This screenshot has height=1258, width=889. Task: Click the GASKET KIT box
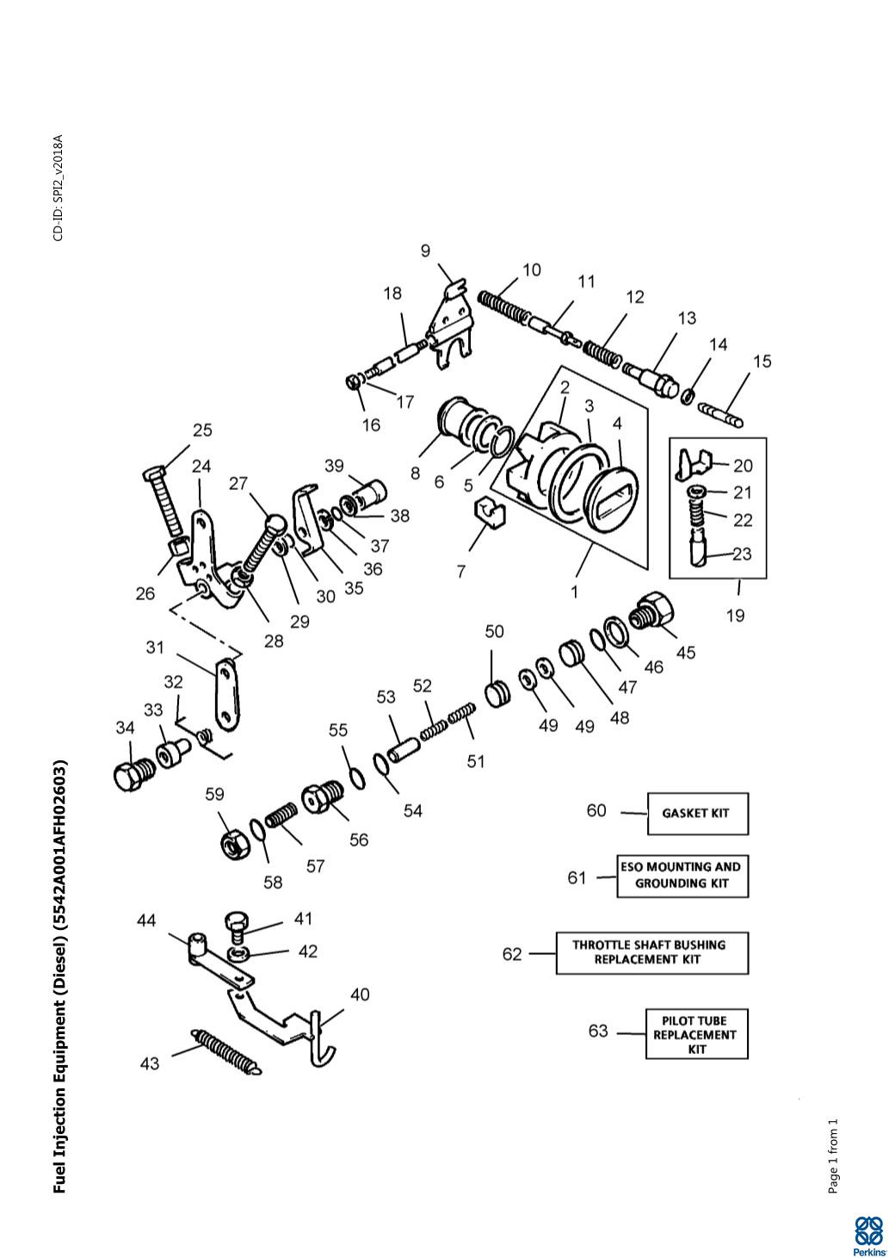[698, 813]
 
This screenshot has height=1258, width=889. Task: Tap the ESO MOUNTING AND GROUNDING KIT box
[682, 876]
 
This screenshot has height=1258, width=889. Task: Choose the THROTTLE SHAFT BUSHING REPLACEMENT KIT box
[652, 953]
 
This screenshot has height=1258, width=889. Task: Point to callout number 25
[202, 431]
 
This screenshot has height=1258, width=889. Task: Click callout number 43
[149, 1063]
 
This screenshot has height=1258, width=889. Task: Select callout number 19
[735, 616]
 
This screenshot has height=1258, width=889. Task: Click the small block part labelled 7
[490, 512]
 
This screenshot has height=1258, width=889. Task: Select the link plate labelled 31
[226, 695]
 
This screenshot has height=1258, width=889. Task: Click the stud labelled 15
[721, 415]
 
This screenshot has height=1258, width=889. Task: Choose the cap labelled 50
[497, 695]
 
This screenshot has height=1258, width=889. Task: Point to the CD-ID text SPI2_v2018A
[59, 188]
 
